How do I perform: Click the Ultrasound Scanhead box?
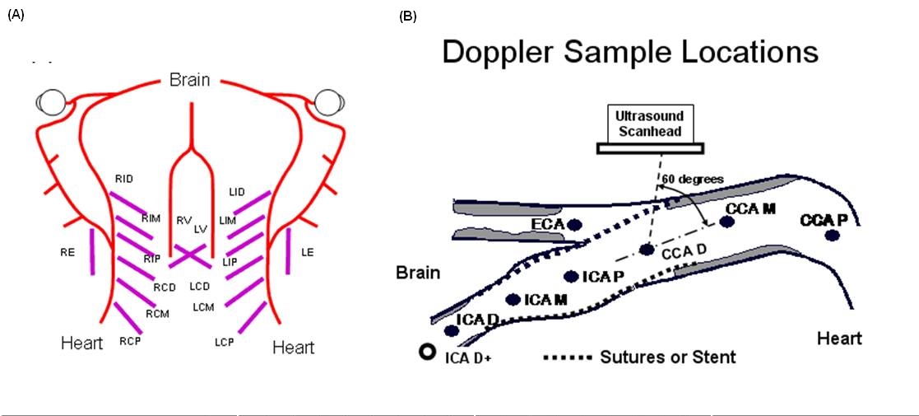[x=650, y=124]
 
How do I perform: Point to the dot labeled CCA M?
[x=726, y=222]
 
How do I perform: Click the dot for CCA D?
[x=647, y=250]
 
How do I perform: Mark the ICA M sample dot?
[x=513, y=299]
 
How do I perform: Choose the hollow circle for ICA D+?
[x=427, y=352]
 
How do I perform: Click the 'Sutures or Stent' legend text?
[x=667, y=356]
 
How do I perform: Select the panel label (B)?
[x=407, y=16]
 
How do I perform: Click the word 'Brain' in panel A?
[x=189, y=80]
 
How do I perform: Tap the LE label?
[x=308, y=253]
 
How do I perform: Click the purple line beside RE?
[x=91, y=252]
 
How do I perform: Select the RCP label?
[x=127, y=340]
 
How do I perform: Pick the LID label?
[x=237, y=192]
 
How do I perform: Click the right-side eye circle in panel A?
[x=327, y=103]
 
